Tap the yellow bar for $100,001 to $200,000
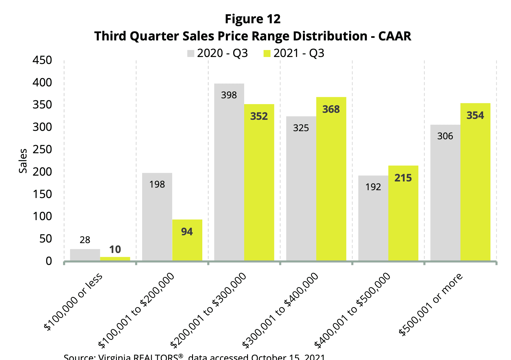tap(187, 241)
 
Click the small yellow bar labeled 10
tap(115, 259)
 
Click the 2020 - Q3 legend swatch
tap(191, 54)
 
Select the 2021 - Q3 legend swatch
tap(267, 54)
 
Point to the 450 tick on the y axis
tap(42, 60)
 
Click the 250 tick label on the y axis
tap(42, 149)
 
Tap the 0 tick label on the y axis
tap(49, 261)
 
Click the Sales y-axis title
tap(23, 161)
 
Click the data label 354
tap(475, 115)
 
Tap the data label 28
tap(85, 240)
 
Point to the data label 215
tap(403, 178)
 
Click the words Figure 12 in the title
tap(253, 19)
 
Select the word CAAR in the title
tap(394, 36)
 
